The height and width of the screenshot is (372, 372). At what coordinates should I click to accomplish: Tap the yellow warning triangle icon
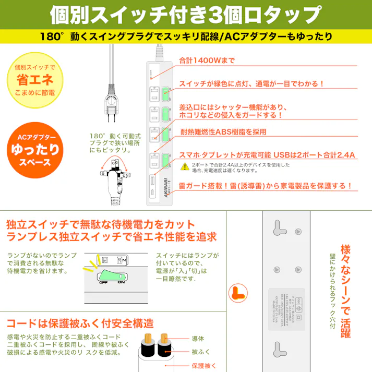pyautogui.click(x=185, y=166)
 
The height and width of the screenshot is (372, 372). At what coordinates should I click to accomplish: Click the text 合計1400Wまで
pyautogui.click(x=207, y=60)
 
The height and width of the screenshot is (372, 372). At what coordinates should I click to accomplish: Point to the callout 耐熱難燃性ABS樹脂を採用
pyautogui.click(x=223, y=131)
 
